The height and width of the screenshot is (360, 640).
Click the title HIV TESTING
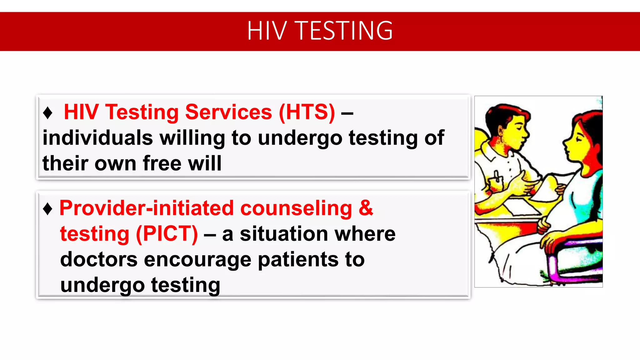click(320, 31)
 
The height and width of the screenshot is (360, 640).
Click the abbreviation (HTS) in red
click(307, 112)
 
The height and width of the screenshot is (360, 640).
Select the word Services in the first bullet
click(228, 112)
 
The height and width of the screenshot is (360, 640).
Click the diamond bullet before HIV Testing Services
click(47, 113)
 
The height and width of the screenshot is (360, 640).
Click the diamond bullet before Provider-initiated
click(47, 209)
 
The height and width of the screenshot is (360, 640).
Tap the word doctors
click(99, 260)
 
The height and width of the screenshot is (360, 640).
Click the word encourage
click(197, 260)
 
